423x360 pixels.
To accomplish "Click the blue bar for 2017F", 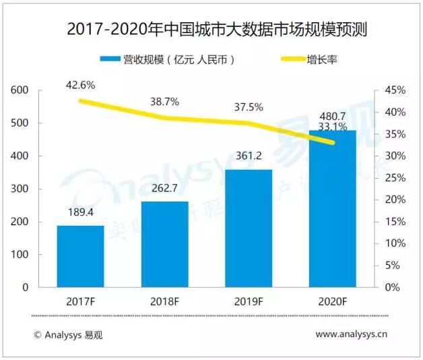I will tap(80, 256).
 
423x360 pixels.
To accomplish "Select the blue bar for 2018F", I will tap(164, 244).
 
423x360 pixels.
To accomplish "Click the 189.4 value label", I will tap(80, 214).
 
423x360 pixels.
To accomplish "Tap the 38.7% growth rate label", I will tap(164, 102).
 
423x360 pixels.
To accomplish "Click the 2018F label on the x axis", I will tap(164, 301).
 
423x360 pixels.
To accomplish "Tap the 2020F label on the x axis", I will tap(333, 301).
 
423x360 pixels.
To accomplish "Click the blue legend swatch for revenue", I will tap(108, 60).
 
